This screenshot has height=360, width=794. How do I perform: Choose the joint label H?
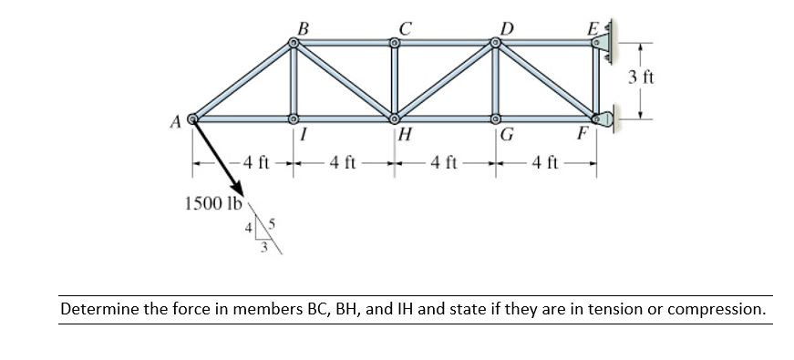[407, 138]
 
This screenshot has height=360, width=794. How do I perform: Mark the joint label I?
[302, 138]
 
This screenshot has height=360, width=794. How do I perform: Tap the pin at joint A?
[193, 118]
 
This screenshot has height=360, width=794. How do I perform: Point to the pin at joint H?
[394, 118]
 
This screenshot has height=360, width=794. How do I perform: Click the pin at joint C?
[394, 42]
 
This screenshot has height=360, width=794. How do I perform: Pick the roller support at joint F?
[604, 118]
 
